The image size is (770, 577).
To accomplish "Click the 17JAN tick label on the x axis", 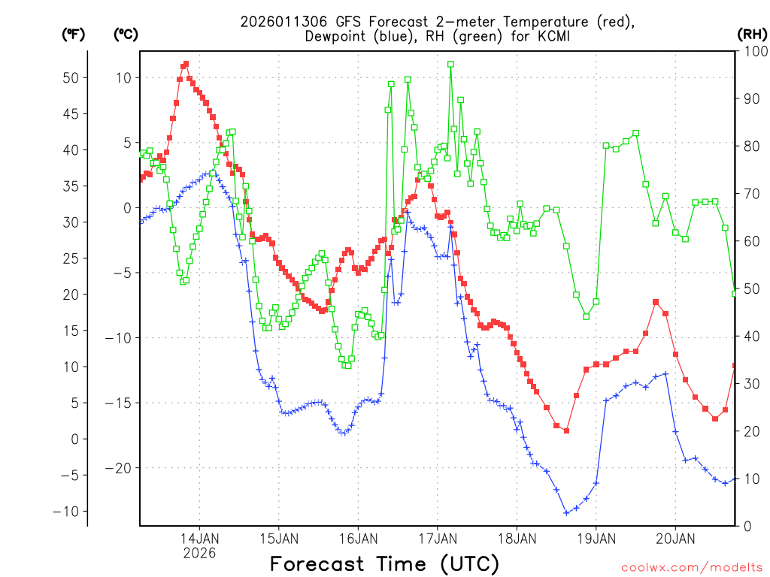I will (438, 538).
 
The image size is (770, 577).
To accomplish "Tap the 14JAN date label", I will (199, 538).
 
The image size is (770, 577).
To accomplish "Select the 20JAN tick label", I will (675, 538).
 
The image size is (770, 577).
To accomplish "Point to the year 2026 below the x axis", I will (199, 552).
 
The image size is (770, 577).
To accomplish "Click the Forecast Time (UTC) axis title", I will (384, 563).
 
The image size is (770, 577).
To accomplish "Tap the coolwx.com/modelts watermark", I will (691, 567).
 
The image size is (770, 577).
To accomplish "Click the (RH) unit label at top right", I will (752, 34).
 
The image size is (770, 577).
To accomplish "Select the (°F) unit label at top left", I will (74, 34).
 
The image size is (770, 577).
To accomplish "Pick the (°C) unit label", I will (126, 34).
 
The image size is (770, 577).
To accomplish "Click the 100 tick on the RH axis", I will (752, 51).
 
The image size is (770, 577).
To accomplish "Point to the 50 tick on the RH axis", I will (749, 288).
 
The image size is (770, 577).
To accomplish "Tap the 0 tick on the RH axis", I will (745, 526).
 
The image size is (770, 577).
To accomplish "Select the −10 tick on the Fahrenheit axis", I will (69, 511).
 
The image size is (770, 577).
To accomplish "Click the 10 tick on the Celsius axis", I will (123, 77).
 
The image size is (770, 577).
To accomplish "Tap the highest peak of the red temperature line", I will (186, 65).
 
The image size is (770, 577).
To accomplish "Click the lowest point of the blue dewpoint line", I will (566, 513).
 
